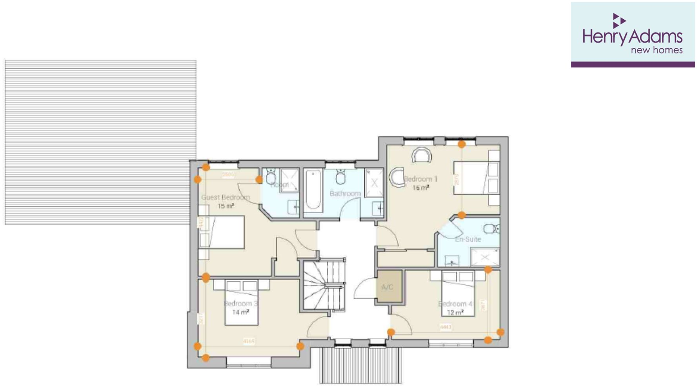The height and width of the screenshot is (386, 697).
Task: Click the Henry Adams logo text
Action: coord(632,37)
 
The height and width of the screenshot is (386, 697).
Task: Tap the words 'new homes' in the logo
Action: coord(656,50)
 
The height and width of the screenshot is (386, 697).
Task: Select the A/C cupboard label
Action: coord(387,287)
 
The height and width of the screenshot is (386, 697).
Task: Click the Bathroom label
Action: coord(345,194)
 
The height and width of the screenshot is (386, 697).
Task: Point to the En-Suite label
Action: coord(468,239)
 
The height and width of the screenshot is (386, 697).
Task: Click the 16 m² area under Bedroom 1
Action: coord(420,188)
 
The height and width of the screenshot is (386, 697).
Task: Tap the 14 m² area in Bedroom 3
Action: coord(240,312)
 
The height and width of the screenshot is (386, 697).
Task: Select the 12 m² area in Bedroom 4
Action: coord(455,313)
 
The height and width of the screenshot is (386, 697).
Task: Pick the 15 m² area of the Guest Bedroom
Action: coord(226,206)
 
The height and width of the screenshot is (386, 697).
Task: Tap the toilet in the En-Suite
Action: coord(491,228)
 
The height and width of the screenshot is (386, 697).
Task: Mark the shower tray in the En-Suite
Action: coord(485,257)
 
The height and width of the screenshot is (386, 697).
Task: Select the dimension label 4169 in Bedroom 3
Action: coord(249,341)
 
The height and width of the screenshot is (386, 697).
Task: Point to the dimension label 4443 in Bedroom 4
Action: coord(446,327)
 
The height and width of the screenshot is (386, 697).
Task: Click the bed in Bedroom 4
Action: coord(458,294)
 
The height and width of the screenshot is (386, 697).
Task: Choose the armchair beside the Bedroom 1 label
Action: coord(397,178)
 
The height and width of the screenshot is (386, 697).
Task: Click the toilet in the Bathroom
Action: coord(340,178)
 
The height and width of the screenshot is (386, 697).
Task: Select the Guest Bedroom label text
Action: coord(226,198)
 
